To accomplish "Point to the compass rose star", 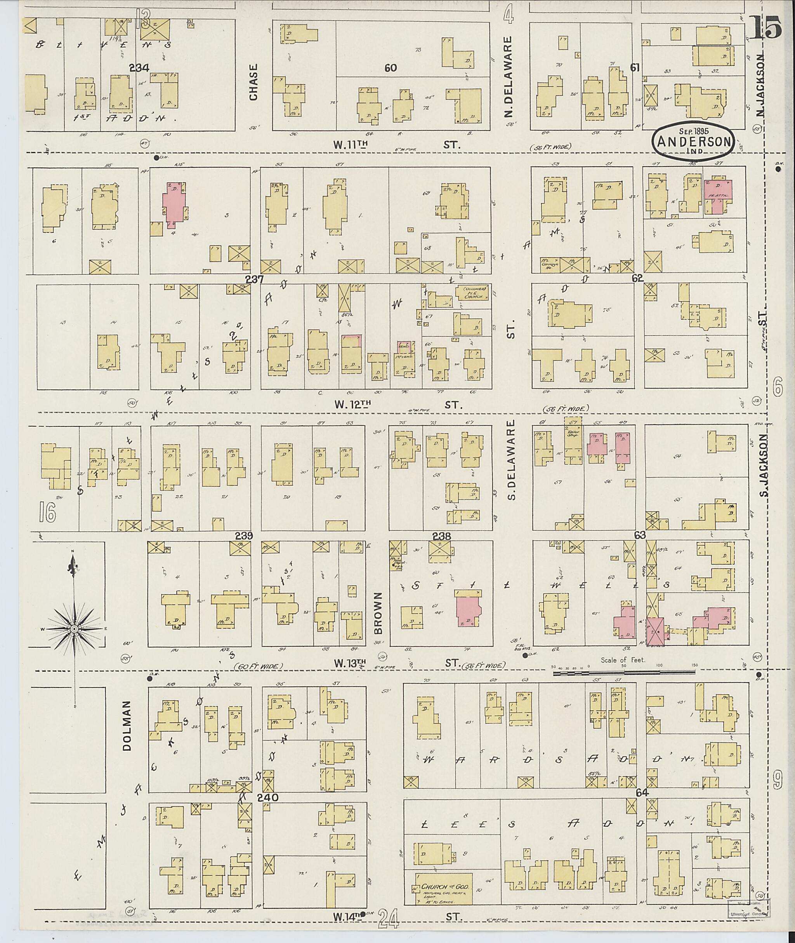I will click(73, 628).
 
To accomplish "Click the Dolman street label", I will click(127, 725).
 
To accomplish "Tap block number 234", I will click(139, 68).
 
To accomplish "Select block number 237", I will click(254, 279).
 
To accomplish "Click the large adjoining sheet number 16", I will click(47, 512).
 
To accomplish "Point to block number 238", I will click(442, 536).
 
